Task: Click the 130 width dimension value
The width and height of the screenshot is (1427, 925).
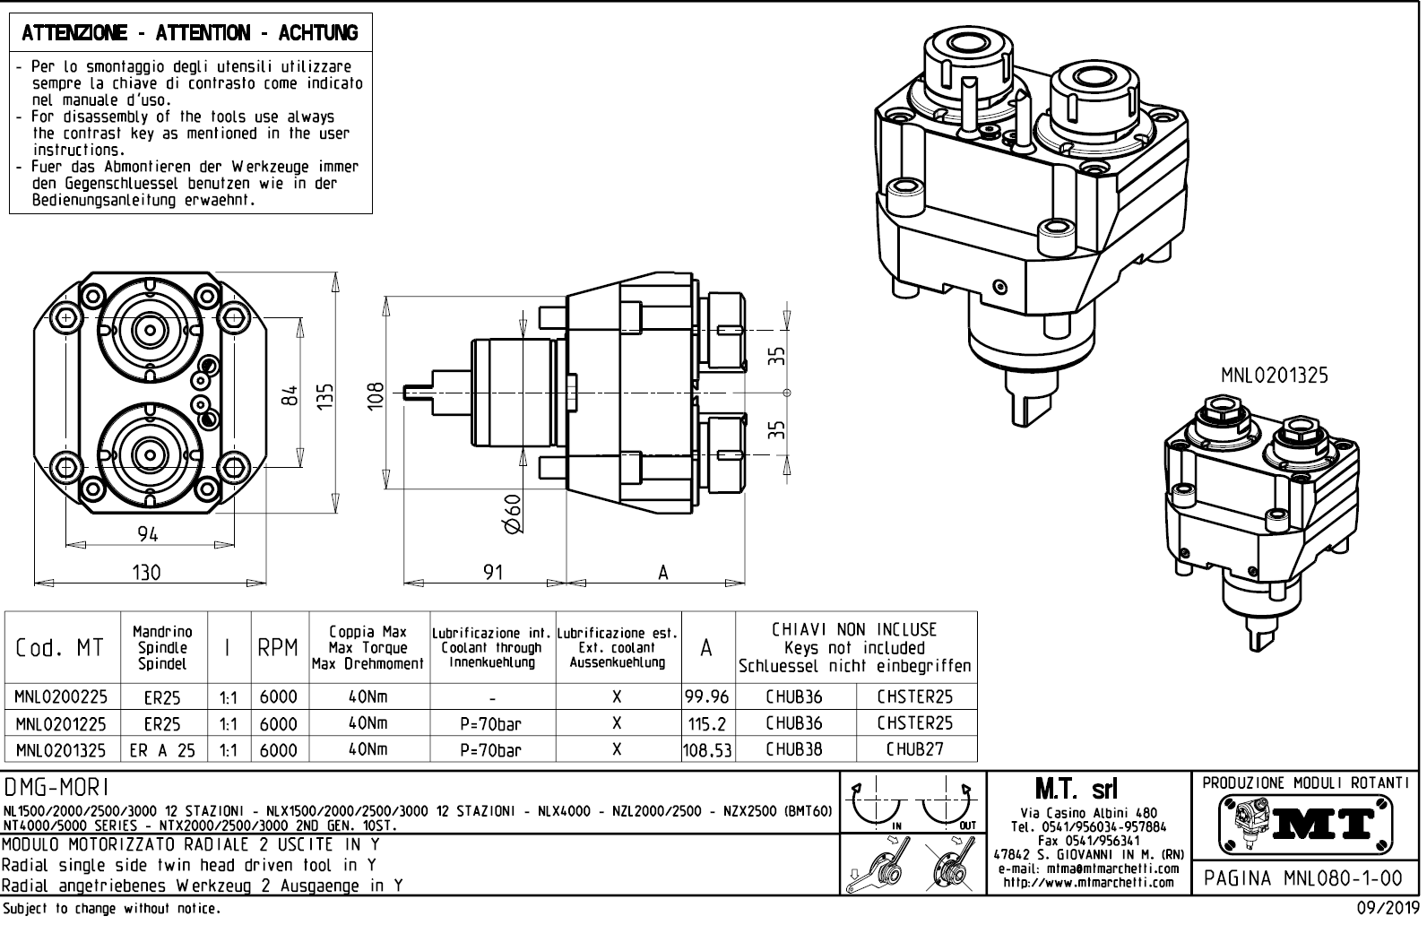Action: pyautogui.click(x=146, y=572)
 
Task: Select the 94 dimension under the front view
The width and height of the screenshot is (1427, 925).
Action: pyautogui.click(x=148, y=534)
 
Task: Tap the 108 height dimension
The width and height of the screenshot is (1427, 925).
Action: pyautogui.click(x=376, y=394)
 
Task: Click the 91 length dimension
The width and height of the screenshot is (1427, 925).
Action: pyautogui.click(x=493, y=572)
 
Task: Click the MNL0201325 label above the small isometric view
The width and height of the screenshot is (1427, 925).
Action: pyautogui.click(x=1274, y=376)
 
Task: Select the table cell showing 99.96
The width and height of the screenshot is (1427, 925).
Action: pyautogui.click(x=706, y=696)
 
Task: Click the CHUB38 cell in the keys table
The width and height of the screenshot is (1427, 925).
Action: pyautogui.click(x=794, y=748)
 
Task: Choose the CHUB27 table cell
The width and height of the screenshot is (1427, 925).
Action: pyautogui.click(x=914, y=748)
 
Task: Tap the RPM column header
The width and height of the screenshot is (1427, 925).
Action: pyautogui.click(x=278, y=648)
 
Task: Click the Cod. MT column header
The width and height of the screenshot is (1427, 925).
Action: pyautogui.click(x=60, y=648)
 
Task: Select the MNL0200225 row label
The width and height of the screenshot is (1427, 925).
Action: pyautogui.click(x=60, y=696)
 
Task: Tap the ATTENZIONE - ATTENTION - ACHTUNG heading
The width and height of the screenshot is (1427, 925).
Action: pyautogui.click(x=190, y=33)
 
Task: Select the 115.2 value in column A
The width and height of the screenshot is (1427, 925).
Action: pyautogui.click(x=706, y=723)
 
